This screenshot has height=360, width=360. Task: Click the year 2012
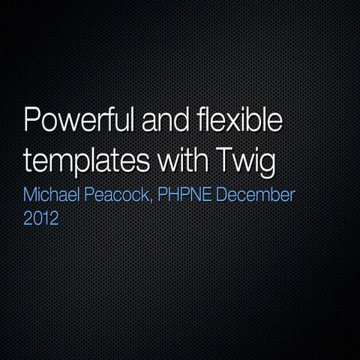click(x=40, y=220)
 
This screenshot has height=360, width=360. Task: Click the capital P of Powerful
click(x=33, y=122)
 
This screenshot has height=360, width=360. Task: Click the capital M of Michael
click(x=31, y=196)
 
